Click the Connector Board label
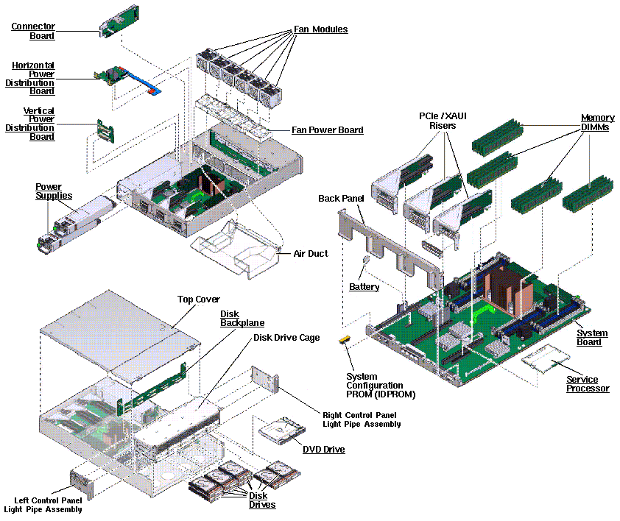(x=33, y=31)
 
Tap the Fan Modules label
(x=320, y=29)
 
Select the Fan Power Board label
(x=328, y=130)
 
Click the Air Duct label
(x=311, y=253)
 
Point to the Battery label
(x=364, y=286)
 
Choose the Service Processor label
(x=588, y=384)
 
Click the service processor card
(x=546, y=358)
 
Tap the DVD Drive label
(x=323, y=450)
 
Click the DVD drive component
(x=282, y=430)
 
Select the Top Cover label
(x=199, y=300)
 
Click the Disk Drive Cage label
(x=286, y=338)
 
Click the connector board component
(x=119, y=22)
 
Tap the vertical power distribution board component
(x=105, y=131)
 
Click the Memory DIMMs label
(x=597, y=122)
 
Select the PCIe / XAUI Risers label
(x=443, y=121)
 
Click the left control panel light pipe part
(x=82, y=483)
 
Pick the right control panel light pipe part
(x=265, y=379)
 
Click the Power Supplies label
(x=54, y=191)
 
